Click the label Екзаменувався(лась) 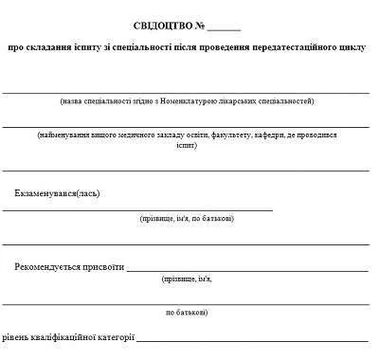click(57, 194)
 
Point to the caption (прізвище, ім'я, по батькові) click(187, 219)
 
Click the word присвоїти click(103, 266)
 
